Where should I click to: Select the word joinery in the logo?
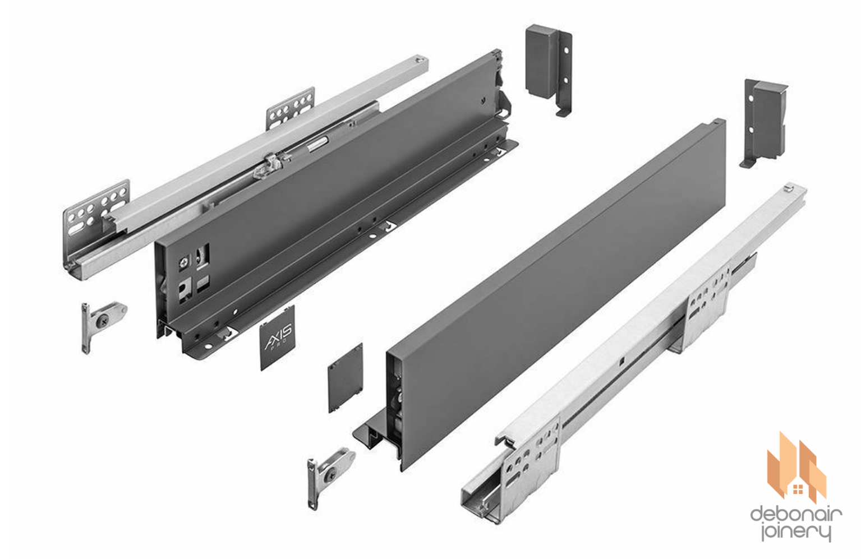tap(796, 533)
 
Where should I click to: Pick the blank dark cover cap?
tap(344, 378)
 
